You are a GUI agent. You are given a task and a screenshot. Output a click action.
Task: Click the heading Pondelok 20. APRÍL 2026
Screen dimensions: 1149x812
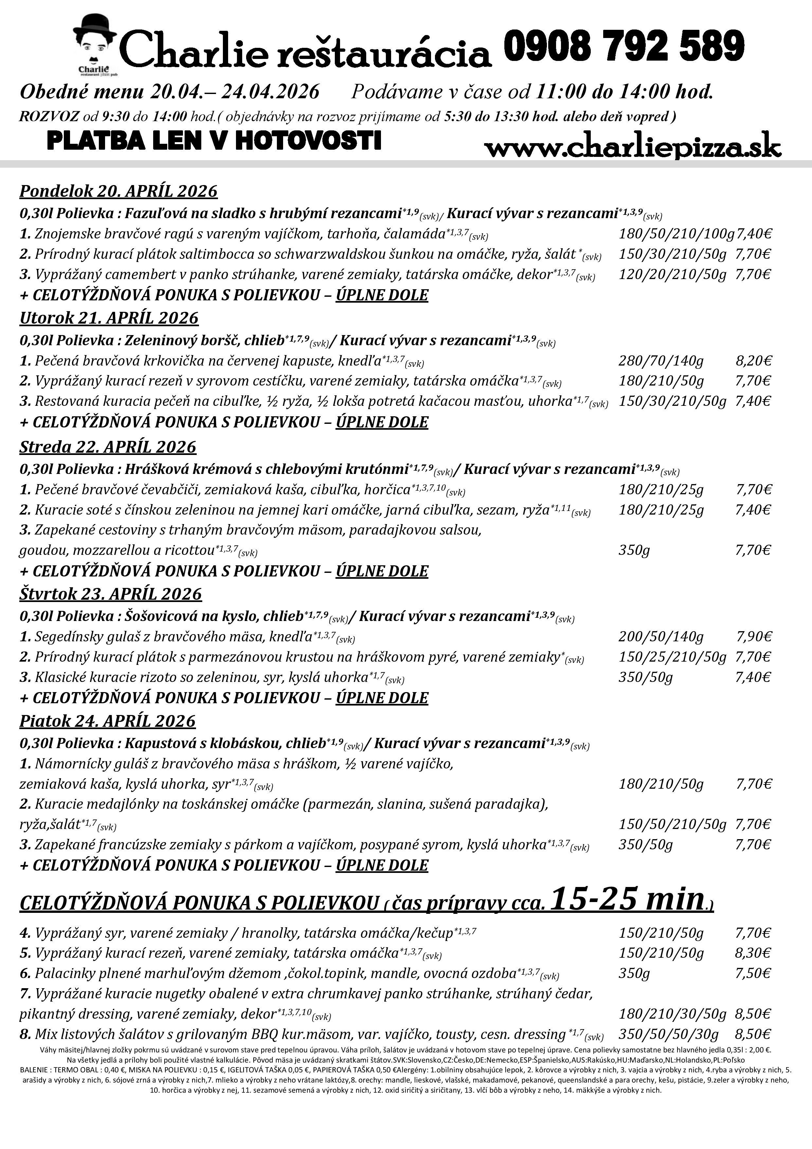(x=118, y=191)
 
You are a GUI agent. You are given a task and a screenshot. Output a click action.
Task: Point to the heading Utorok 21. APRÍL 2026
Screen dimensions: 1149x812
(x=109, y=318)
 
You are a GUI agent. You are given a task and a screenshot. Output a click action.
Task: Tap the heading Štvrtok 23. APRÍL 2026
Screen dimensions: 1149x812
(x=111, y=594)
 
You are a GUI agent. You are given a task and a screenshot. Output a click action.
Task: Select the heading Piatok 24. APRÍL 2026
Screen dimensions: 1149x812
(x=107, y=721)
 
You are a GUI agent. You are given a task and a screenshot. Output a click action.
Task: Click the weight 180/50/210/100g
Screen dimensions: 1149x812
(x=676, y=234)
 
